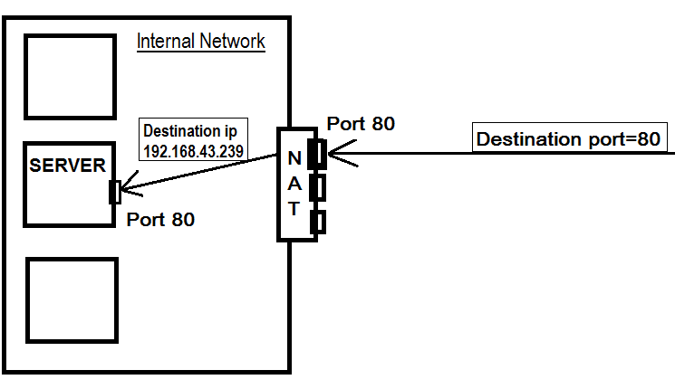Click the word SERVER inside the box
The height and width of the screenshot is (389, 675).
click(67, 166)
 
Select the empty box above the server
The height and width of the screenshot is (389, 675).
click(70, 76)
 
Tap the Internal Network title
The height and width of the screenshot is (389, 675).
click(200, 42)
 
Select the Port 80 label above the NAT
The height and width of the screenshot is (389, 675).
click(360, 123)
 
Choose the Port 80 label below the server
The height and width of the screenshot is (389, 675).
click(160, 219)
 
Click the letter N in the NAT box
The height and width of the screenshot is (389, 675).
click(294, 159)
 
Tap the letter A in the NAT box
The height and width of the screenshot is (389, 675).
click(294, 185)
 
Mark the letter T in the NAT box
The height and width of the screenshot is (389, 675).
click(294, 209)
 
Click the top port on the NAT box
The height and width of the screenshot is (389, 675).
click(316, 153)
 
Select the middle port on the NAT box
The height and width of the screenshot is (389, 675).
click(316, 186)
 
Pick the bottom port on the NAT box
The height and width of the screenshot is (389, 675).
click(317, 221)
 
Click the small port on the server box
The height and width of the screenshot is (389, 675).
click(114, 192)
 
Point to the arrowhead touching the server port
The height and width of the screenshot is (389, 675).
click(127, 191)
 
